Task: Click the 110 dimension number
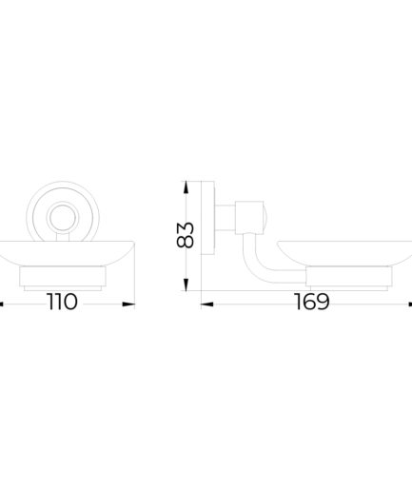[x=62, y=302]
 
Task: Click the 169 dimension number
[x=312, y=302]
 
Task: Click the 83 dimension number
[x=185, y=235]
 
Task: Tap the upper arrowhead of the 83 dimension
[x=186, y=187]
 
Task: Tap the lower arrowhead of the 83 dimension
[x=186, y=285]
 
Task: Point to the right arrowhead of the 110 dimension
[x=128, y=304]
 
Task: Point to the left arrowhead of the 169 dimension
[x=207, y=304]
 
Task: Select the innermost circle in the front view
[x=63, y=218]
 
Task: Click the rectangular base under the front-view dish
[x=63, y=276]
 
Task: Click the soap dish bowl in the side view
[x=345, y=253]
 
